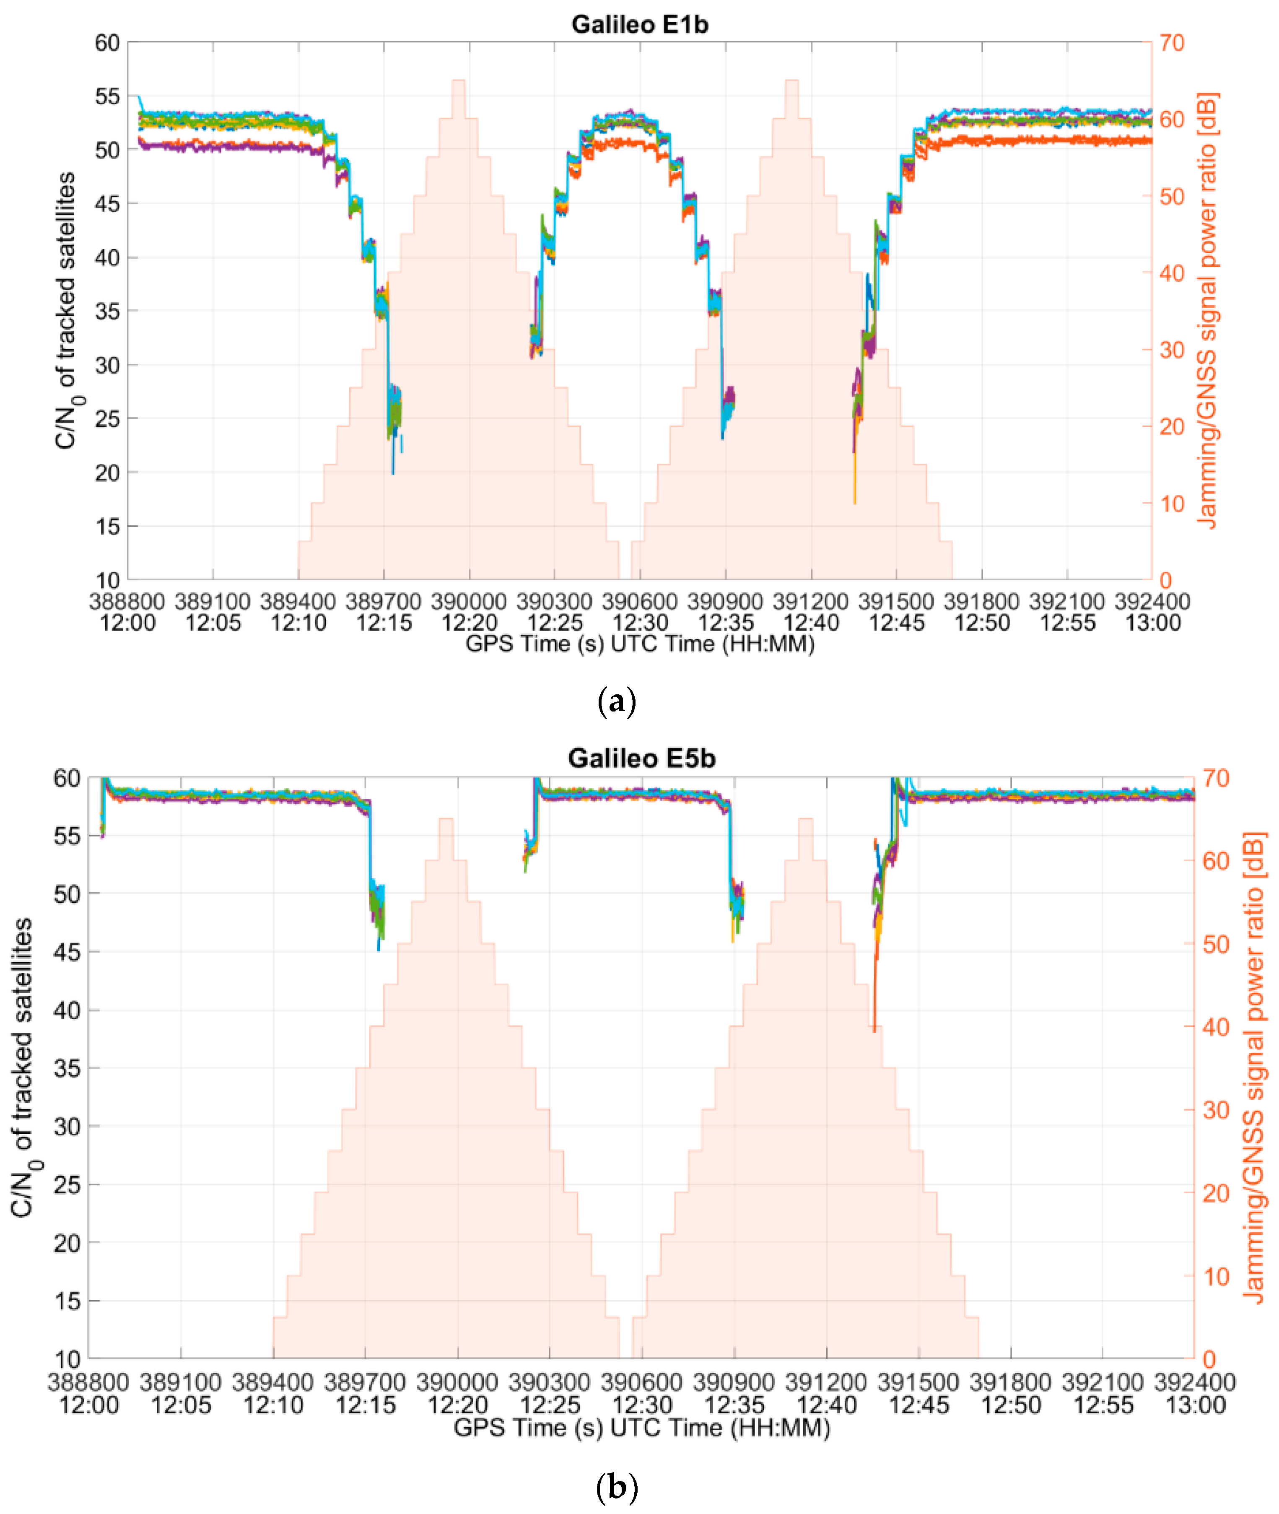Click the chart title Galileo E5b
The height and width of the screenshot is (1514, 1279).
click(x=641, y=758)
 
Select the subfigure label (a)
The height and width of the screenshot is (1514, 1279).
click(x=616, y=702)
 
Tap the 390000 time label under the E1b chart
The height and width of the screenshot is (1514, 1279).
click(x=468, y=601)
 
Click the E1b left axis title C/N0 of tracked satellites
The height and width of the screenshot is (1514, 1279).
click(x=66, y=310)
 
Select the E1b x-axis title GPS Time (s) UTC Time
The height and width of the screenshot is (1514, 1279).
click(x=640, y=644)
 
